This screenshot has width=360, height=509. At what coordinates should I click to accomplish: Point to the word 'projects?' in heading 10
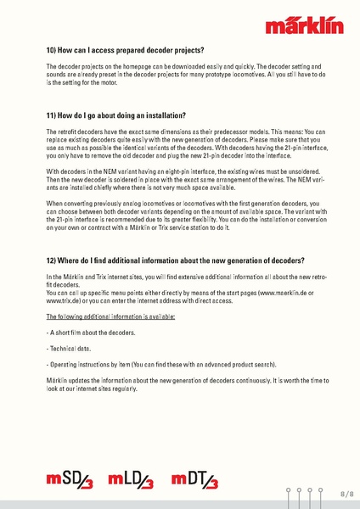click(x=188, y=50)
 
